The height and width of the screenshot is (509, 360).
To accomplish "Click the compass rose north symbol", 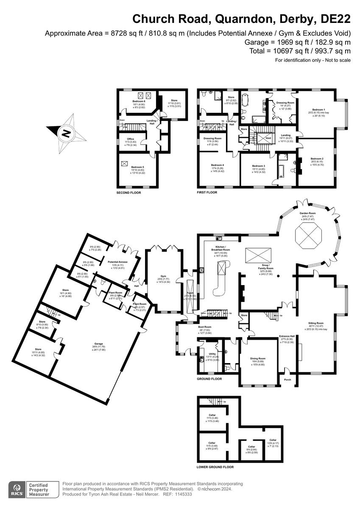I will [x=66, y=133].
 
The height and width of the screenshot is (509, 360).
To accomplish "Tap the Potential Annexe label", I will [x=118, y=262].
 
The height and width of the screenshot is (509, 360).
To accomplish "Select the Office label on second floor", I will [x=130, y=139].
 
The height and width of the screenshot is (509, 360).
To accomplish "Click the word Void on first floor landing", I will [x=268, y=138].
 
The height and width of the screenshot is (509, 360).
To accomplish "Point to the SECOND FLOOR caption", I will [x=129, y=193].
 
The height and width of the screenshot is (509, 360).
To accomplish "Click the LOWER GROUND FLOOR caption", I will [x=215, y=467].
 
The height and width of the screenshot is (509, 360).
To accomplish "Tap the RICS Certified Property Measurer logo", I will [x=31, y=489].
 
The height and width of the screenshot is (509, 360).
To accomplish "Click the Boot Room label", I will [x=205, y=327].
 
